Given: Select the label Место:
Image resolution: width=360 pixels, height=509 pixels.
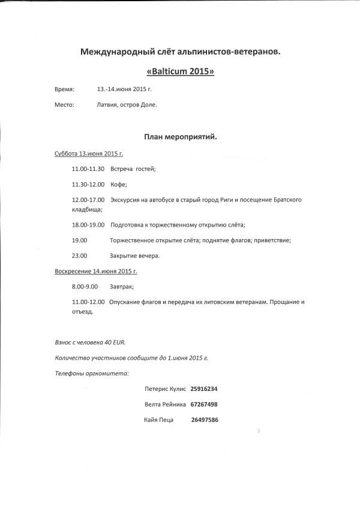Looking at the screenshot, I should tap(64, 105).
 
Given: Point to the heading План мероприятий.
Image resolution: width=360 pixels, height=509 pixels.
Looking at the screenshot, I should tap(180, 137).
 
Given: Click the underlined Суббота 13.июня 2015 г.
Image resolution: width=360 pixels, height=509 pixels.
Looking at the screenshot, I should tap(89, 153).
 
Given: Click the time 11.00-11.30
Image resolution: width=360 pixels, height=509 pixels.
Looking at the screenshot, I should tap(88, 169).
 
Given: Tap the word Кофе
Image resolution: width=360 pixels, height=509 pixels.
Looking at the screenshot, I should tap(119, 184).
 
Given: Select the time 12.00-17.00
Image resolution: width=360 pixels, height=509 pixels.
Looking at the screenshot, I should tap(88, 199).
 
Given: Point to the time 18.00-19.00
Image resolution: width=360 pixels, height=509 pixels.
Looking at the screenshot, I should tap(88, 225).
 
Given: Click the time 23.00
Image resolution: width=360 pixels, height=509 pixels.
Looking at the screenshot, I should tap(79, 255).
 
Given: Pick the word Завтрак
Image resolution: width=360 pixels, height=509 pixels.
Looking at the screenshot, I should tap(121, 287).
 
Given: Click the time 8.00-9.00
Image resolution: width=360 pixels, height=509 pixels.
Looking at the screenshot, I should tap(85, 287).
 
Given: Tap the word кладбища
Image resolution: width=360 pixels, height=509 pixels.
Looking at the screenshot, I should tap(87, 210).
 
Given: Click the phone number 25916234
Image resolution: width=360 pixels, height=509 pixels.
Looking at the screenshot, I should tap(203, 388).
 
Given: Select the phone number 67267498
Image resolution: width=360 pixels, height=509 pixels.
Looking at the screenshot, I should tap(203, 404).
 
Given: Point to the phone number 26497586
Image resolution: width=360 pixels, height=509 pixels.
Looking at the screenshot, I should tap(204, 420).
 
